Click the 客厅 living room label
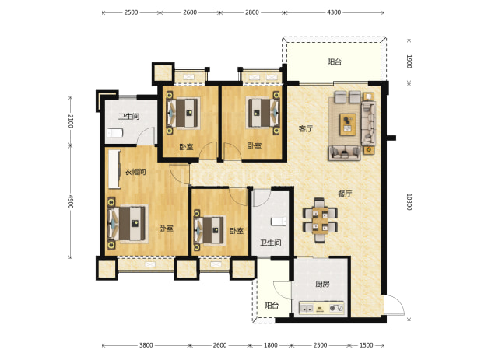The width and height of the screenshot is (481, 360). (x=306, y=128)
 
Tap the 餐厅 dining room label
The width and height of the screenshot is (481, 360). (x=345, y=194)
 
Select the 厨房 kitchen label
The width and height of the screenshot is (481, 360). (x=322, y=284)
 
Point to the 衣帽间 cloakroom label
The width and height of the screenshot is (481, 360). (x=135, y=172)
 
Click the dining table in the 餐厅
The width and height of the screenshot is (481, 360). (x=320, y=220)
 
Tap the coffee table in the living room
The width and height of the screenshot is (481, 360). (x=348, y=124)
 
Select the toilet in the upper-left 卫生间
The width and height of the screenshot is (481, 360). (x=114, y=133)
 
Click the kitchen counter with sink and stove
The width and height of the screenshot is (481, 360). (x=321, y=308)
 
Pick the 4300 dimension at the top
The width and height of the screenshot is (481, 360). (x=334, y=12)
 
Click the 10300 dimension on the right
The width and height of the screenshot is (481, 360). (x=409, y=201)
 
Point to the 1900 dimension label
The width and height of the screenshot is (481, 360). (x=409, y=61)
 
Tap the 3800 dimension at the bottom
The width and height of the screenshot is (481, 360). (x=146, y=345)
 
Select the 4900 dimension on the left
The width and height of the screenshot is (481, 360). (x=71, y=201)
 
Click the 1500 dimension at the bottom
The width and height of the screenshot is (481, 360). (x=366, y=345)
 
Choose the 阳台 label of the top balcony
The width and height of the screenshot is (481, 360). (x=335, y=62)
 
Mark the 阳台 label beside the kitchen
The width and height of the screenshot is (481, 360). (x=272, y=306)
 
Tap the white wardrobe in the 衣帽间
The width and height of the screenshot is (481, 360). (x=114, y=169)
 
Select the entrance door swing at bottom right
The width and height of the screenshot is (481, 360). (x=394, y=305)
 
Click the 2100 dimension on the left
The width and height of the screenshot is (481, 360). (x=71, y=121)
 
